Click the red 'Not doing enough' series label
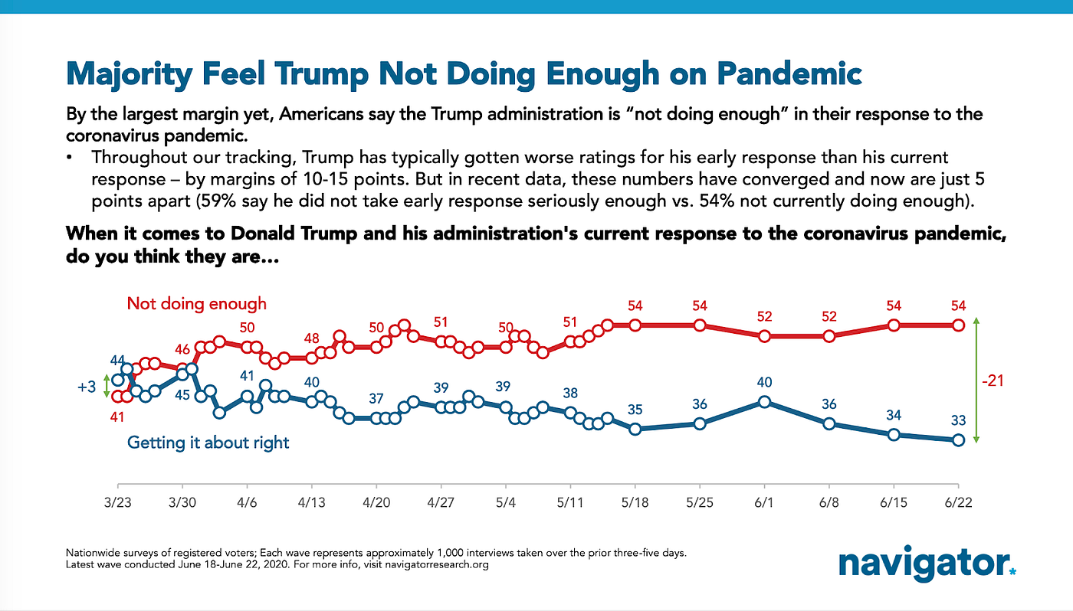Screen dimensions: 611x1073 tap(197, 303)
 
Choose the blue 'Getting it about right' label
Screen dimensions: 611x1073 tap(208, 443)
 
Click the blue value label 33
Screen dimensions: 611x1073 tap(958, 420)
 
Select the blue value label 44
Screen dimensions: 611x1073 tap(117, 360)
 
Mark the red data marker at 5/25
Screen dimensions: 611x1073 tap(700, 325)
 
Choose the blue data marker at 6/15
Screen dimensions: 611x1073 tap(894, 435)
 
